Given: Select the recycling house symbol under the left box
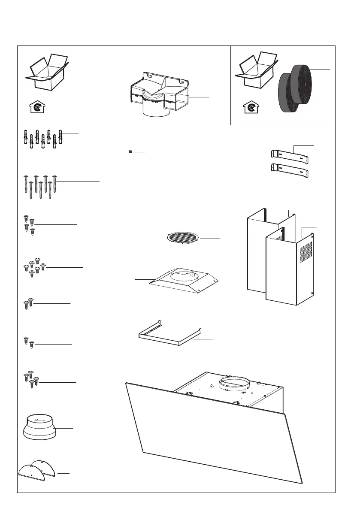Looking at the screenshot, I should pos(37,106).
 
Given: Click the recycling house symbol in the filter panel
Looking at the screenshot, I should pos(250,106).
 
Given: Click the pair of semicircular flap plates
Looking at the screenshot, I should pos(37,471).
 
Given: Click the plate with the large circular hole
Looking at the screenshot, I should pos(185,281).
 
